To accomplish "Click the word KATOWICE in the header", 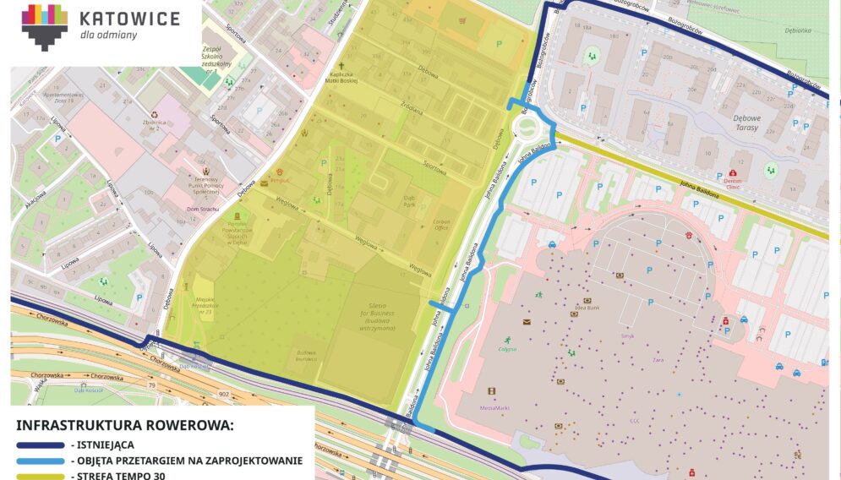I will coord(128,19).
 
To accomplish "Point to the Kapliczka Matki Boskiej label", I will coord(343,79).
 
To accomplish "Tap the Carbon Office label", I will coord(440,225).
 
